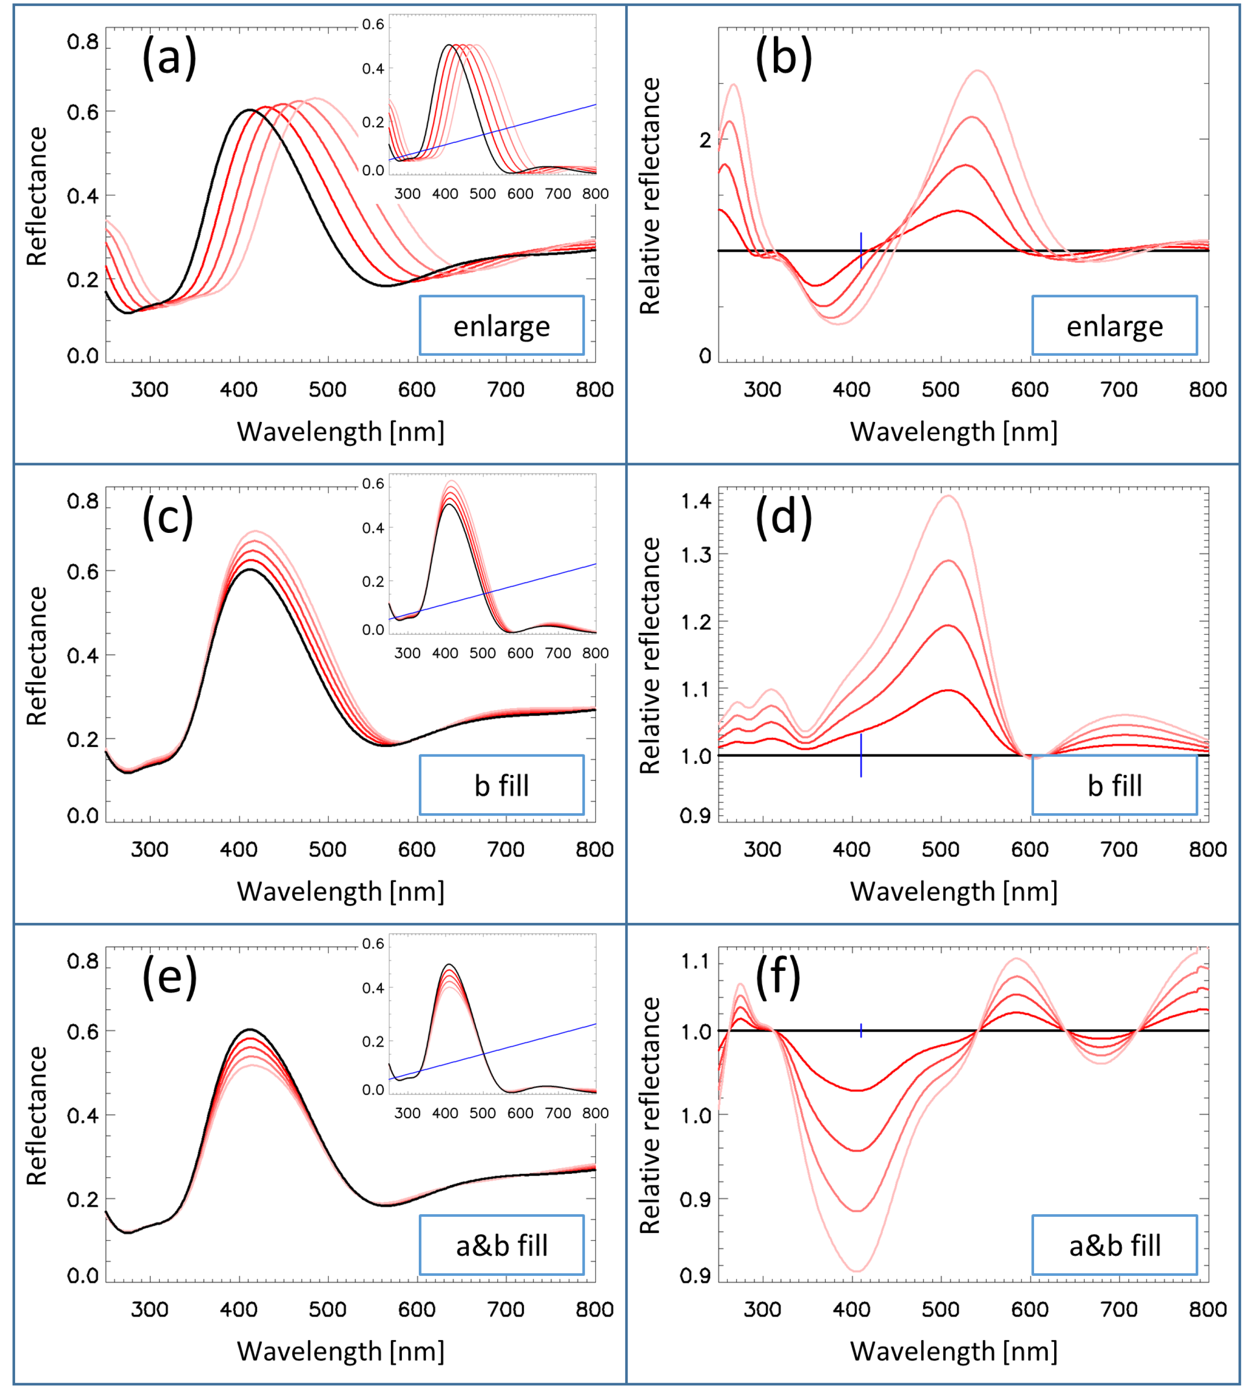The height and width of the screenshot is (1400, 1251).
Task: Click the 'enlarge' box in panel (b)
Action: click(x=1114, y=326)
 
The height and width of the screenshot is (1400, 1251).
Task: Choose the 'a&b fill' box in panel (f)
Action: click(x=1114, y=1245)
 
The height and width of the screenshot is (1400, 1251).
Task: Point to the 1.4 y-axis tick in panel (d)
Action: click(x=696, y=501)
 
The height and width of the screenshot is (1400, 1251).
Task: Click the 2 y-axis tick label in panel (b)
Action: click(x=705, y=140)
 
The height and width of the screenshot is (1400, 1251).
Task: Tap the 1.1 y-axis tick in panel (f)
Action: click(x=696, y=961)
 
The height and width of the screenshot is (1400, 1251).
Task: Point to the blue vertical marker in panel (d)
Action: click(x=860, y=755)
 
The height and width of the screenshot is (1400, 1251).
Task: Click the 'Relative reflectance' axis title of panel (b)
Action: click(x=649, y=196)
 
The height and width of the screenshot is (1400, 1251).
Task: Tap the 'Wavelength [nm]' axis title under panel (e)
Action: click(x=340, y=1351)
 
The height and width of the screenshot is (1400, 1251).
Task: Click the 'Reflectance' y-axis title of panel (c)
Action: click(x=37, y=656)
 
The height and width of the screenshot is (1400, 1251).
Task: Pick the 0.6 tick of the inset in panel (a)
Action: click(x=373, y=25)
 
